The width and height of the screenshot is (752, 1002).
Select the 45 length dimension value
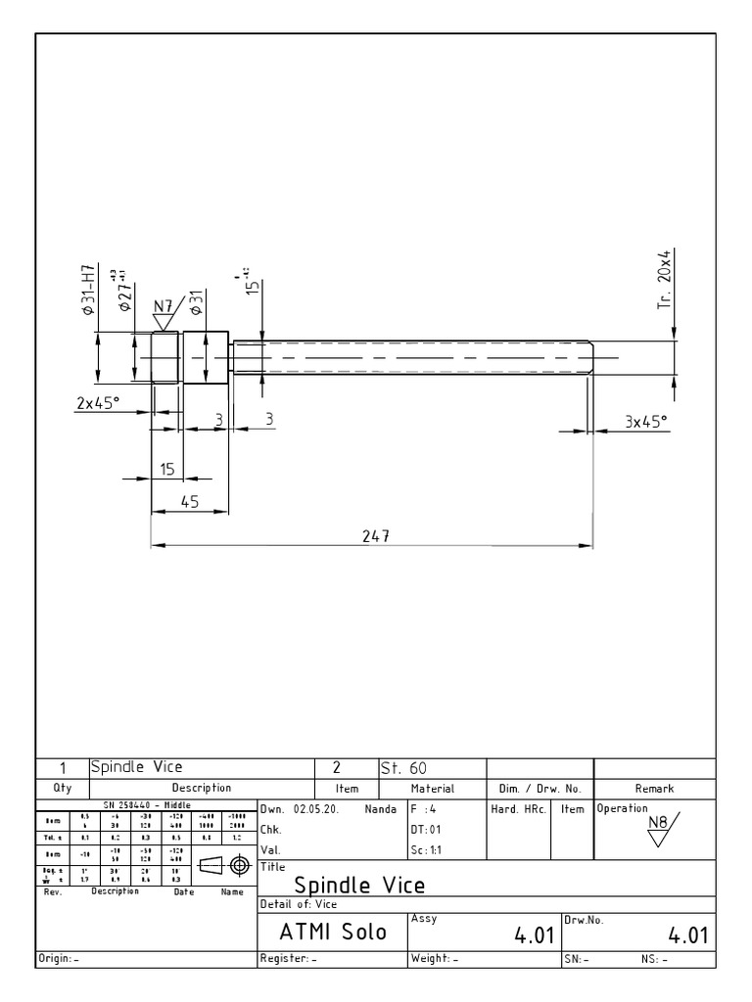[188, 501]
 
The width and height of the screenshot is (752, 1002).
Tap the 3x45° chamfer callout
[646, 421]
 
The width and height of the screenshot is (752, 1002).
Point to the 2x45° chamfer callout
[98, 402]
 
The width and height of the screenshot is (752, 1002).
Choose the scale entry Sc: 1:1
[427, 849]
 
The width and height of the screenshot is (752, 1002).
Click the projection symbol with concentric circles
[236, 865]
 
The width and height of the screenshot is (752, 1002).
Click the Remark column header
[654, 788]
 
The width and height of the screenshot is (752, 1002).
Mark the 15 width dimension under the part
[167, 470]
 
